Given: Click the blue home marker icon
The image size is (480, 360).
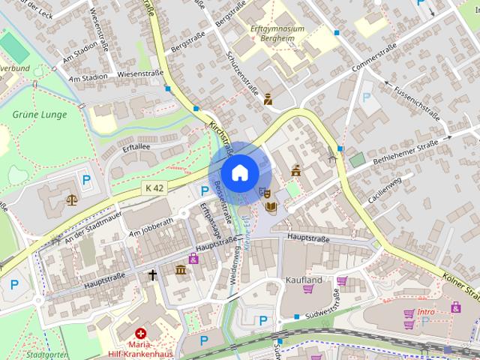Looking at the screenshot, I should (x=239, y=172).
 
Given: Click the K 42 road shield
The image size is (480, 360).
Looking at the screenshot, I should (x=155, y=187).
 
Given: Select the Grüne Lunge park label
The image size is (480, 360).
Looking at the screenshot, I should (x=39, y=115).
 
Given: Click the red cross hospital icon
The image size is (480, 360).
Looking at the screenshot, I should (x=140, y=333).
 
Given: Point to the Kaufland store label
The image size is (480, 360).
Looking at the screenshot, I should (x=304, y=280).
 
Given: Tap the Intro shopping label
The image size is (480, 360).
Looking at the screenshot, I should (x=426, y=311).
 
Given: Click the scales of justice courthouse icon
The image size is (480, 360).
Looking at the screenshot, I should (x=71, y=200).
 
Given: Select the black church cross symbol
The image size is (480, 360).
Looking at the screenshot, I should (x=153, y=275).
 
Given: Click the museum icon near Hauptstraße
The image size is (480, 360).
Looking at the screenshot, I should (x=180, y=269).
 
